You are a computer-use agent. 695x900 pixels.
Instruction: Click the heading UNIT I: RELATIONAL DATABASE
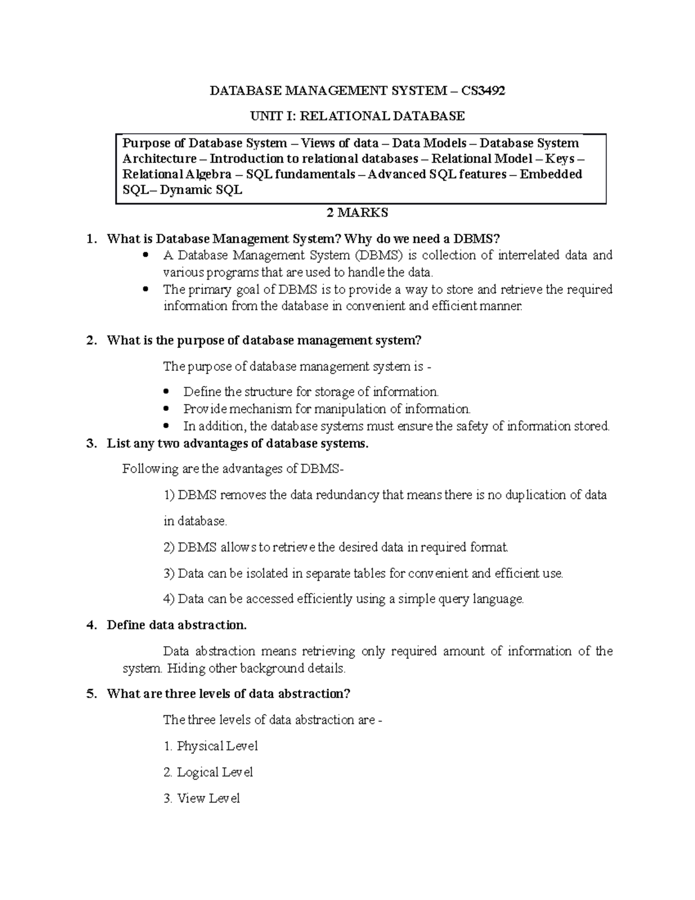[357, 116]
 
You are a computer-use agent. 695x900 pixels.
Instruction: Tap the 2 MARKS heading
[357, 213]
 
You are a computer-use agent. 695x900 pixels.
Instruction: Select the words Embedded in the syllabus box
[550, 174]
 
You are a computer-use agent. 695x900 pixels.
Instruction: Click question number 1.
[89, 239]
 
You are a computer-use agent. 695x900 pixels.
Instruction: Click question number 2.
[89, 340]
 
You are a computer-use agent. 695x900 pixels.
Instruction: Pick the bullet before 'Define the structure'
[166, 392]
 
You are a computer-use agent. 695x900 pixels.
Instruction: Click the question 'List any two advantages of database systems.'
[237, 444]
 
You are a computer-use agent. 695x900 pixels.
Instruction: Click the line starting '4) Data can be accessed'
[343, 599]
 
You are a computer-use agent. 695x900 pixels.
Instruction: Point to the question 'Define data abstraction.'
[177, 625]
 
